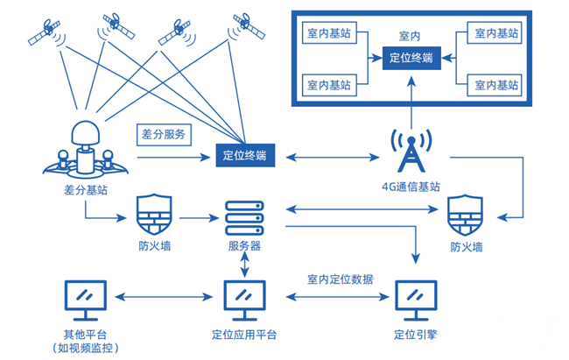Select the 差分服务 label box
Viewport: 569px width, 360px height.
point(163,136)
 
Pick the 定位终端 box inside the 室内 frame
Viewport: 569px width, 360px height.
point(410,59)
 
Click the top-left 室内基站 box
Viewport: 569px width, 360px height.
point(330,32)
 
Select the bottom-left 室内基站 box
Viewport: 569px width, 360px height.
point(330,85)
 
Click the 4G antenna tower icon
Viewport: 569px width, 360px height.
point(410,152)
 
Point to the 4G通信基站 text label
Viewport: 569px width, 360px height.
point(410,187)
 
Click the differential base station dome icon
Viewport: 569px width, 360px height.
point(85,148)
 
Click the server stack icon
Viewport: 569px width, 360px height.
point(244,217)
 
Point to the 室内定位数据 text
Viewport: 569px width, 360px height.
point(340,279)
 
